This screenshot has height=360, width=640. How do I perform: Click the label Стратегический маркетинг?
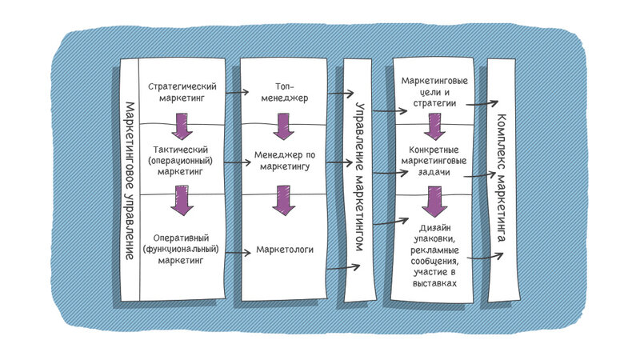(x=182, y=92)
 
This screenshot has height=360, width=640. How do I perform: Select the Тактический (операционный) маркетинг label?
(x=181, y=161)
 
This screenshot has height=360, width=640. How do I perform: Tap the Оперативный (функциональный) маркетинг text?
(x=181, y=249)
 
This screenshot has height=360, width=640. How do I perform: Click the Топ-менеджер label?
(x=285, y=92)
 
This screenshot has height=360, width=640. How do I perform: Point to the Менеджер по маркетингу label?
(x=285, y=161)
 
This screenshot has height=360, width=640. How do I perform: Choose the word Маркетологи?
(x=285, y=250)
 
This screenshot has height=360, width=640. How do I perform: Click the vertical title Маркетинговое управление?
(x=130, y=181)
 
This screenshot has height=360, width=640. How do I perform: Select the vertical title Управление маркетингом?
(x=359, y=177)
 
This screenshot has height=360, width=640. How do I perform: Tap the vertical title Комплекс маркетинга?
(x=502, y=178)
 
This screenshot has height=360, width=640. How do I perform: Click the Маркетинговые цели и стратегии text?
(x=434, y=92)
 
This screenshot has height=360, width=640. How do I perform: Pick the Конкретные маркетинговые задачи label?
(x=434, y=161)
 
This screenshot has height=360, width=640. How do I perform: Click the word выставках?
(x=434, y=283)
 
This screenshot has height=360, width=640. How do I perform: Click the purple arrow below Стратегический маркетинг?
(x=182, y=126)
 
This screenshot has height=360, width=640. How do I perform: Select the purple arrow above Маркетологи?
(x=284, y=201)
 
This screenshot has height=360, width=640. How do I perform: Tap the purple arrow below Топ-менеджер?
(x=284, y=126)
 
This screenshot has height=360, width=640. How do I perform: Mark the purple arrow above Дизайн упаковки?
(x=434, y=202)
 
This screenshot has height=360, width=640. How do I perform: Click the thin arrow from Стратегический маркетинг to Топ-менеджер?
(x=237, y=92)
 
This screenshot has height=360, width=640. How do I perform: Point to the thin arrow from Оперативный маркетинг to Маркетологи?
(x=238, y=253)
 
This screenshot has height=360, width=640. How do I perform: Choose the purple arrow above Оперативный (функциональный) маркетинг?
(x=182, y=201)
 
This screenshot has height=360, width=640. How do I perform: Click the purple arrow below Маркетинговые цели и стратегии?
(x=434, y=126)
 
